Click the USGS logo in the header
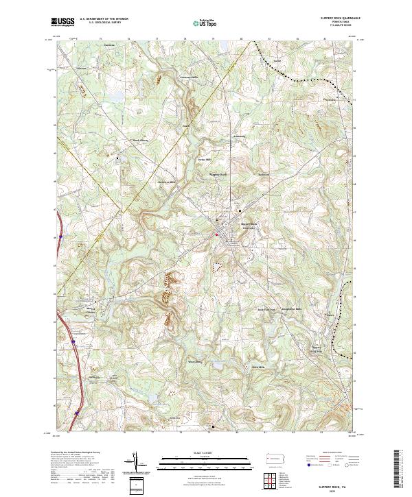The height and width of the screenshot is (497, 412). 63,23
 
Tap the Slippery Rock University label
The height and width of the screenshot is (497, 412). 249,226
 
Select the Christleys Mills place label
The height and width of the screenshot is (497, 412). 168,182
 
